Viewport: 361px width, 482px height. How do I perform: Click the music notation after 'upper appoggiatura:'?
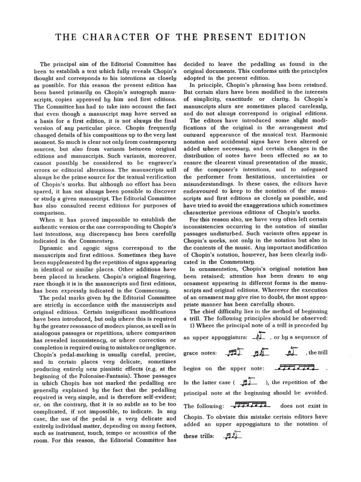[x=260, y=336]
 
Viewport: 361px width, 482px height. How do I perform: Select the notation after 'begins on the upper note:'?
[x=297, y=368]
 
